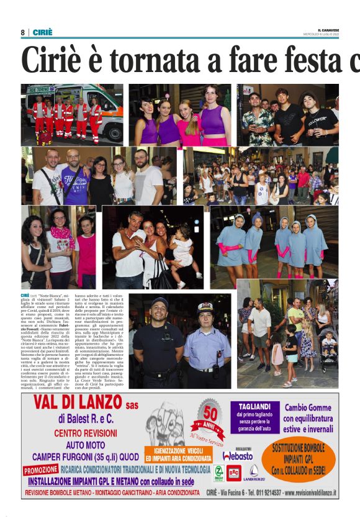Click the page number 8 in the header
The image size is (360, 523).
point(23,32)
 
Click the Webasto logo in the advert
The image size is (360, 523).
point(238,455)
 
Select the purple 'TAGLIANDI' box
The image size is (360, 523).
point(252,416)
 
